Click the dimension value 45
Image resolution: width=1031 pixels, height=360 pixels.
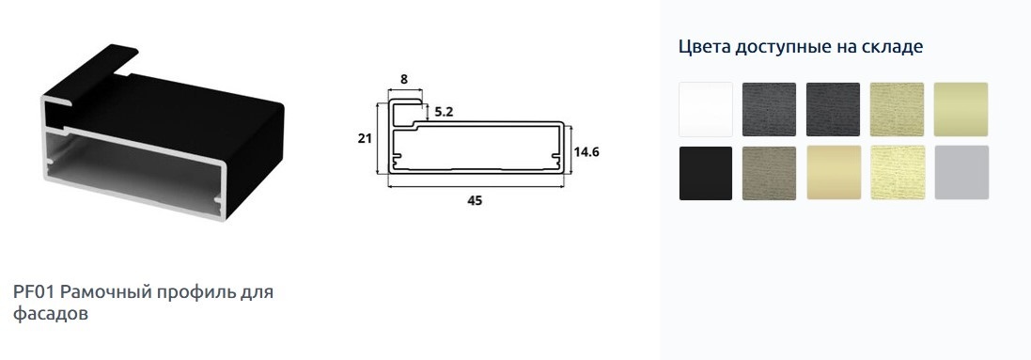click(474, 201)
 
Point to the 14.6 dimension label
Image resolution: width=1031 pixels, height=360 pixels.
click(586, 152)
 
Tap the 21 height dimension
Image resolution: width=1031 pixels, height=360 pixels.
click(365, 138)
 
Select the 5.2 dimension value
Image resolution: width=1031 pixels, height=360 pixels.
click(444, 112)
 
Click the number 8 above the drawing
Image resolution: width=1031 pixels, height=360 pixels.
click(404, 79)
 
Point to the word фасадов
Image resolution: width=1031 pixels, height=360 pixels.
click(51, 314)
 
